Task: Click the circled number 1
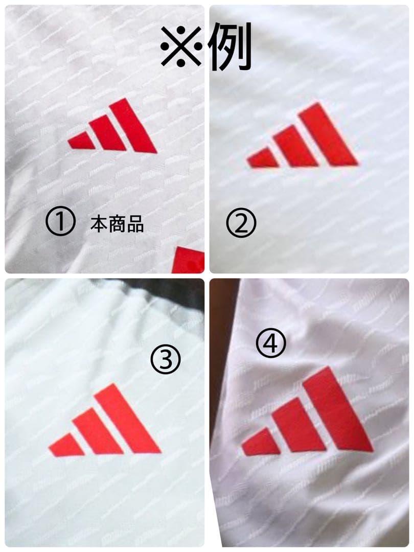(x=60, y=221)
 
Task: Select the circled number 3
(x=165, y=359)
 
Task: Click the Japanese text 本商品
(x=117, y=224)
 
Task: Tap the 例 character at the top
(x=230, y=46)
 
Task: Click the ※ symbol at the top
(x=181, y=47)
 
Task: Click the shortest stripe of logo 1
(x=81, y=141)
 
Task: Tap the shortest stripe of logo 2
(x=263, y=158)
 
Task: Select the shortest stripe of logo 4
(x=261, y=442)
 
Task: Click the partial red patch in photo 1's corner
(x=189, y=260)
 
